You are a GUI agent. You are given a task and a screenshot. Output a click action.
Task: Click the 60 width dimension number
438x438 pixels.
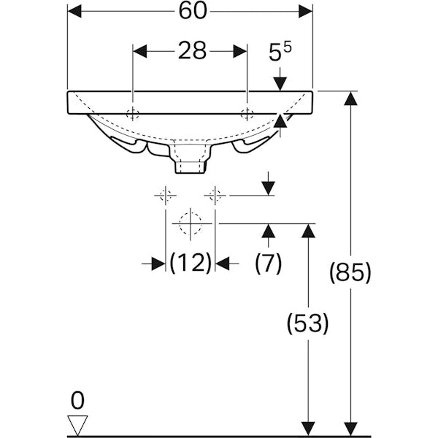click(x=193, y=12)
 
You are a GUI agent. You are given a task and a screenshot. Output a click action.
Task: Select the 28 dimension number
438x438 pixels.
click(x=193, y=51)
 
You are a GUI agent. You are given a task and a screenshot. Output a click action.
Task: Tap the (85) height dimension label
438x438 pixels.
click(x=350, y=272)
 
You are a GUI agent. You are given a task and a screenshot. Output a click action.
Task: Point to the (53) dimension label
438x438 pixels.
click(x=307, y=323)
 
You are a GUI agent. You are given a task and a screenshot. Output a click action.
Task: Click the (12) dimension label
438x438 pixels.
click(x=191, y=263)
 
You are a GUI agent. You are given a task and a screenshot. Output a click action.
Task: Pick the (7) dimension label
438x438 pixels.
click(x=269, y=263)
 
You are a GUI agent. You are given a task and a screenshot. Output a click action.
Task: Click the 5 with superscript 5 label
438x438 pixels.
click(x=280, y=51)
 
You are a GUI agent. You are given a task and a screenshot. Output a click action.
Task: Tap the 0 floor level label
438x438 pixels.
click(x=77, y=400)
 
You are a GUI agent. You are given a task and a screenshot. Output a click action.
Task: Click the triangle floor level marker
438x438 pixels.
click(x=77, y=424)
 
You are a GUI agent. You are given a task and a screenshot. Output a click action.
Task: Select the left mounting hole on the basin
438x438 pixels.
click(x=132, y=114)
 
